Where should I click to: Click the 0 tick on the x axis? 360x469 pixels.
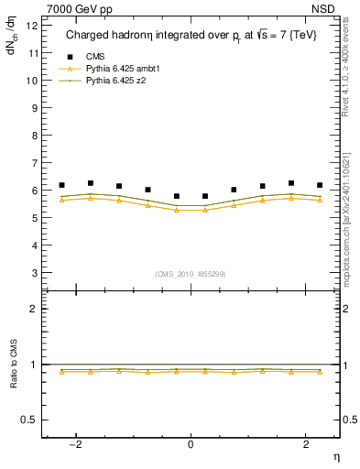tap(191, 444)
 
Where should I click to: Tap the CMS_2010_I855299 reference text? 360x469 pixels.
tap(191, 273)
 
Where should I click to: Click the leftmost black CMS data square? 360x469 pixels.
tap(61, 185)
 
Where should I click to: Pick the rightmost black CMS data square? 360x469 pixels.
tap(320, 185)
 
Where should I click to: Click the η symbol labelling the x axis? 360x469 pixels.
tap(335, 456)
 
